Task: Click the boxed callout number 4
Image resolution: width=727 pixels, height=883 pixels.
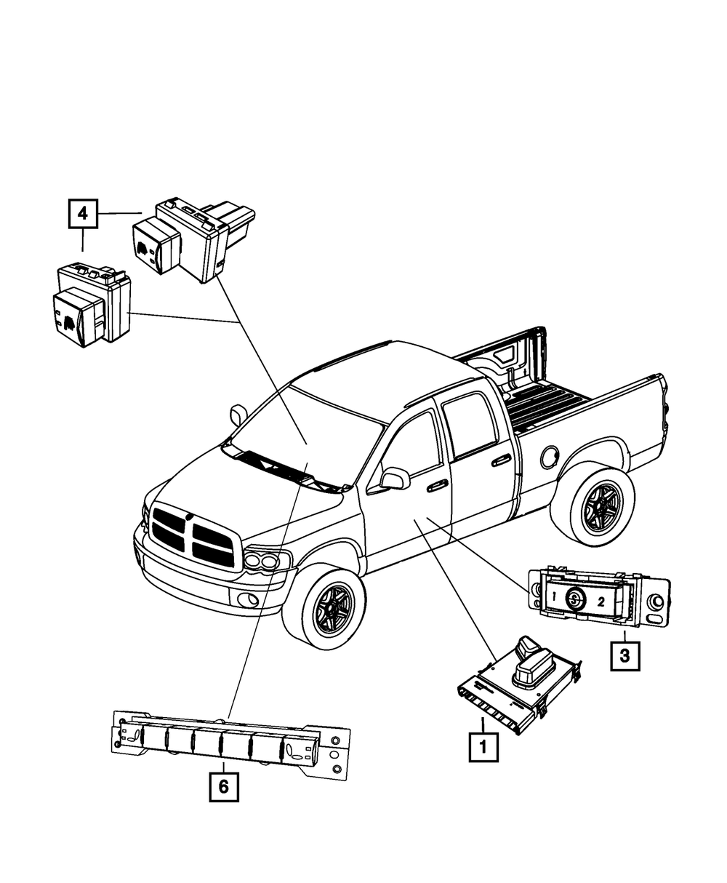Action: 83,213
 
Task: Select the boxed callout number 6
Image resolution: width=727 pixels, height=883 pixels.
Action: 223,786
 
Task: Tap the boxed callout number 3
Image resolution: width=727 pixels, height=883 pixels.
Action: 625,655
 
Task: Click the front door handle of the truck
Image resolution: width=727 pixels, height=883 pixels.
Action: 436,484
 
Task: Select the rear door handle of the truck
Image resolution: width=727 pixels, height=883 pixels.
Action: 500,460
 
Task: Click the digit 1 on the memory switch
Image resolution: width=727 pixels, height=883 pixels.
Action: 554,598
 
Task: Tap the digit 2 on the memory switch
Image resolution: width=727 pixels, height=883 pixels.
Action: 601,602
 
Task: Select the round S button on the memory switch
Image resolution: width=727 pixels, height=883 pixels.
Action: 575,599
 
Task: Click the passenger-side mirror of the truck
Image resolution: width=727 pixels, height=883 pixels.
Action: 238,415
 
